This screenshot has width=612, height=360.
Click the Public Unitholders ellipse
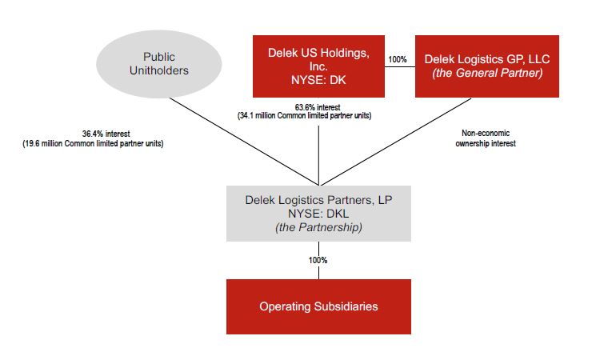coord(158,65)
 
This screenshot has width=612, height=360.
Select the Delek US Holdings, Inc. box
coord(318,66)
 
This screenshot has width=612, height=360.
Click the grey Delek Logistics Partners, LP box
coord(318,212)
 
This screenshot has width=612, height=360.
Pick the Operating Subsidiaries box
coord(318,306)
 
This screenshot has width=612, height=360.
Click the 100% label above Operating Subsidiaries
coord(318,260)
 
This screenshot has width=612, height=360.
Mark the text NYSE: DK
coord(318,81)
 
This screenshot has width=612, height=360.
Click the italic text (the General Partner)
coord(487,74)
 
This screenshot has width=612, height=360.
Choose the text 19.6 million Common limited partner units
coord(94,144)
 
